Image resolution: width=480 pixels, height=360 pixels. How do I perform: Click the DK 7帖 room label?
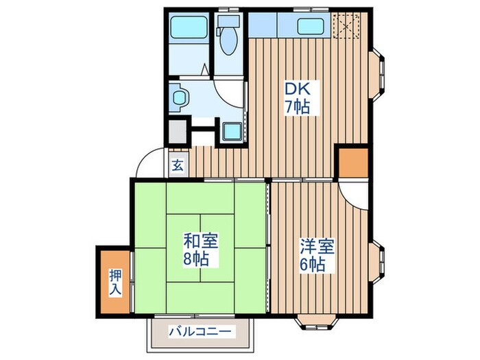tap(296, 97)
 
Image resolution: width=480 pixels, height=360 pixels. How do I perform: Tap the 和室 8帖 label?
tap(200, 250)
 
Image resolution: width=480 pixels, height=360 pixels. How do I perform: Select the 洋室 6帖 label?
tap(312, 254)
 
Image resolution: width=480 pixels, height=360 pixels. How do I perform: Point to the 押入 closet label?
tap(115, 281)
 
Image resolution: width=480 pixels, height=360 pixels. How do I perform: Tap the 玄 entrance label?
tap(177, 165)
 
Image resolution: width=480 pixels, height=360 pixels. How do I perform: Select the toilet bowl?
tap(227, 36)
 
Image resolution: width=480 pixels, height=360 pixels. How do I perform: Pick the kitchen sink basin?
tap(313, 27)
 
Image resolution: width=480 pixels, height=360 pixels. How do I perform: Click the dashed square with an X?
tap(348, 25)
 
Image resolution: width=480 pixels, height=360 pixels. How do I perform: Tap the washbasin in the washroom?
tap(180, 97)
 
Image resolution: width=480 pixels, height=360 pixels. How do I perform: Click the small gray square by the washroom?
tap(178, 130)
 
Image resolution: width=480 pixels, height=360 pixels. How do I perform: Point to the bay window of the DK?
tap(378, 72)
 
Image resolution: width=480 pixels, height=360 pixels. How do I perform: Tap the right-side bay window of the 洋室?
tap(378, 263)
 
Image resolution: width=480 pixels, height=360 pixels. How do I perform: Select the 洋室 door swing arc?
tap(354, 196)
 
